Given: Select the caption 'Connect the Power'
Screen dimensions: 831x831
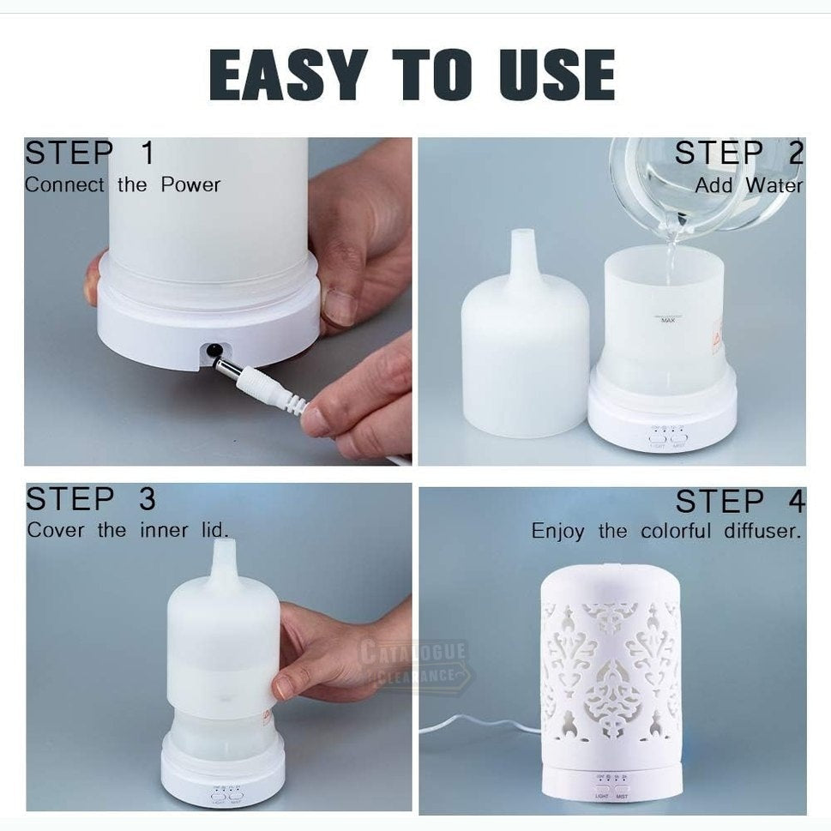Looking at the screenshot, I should coord(123,184).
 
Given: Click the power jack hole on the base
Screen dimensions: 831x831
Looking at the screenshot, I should coord(210,349).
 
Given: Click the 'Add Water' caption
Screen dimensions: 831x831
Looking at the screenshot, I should coord(749,184).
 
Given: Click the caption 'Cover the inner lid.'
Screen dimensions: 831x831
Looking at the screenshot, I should coord(128,530).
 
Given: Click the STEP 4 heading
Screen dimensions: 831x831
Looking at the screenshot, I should coord(740,502).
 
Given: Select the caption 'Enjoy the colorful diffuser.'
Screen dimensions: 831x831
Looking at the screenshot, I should coord(666,531).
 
